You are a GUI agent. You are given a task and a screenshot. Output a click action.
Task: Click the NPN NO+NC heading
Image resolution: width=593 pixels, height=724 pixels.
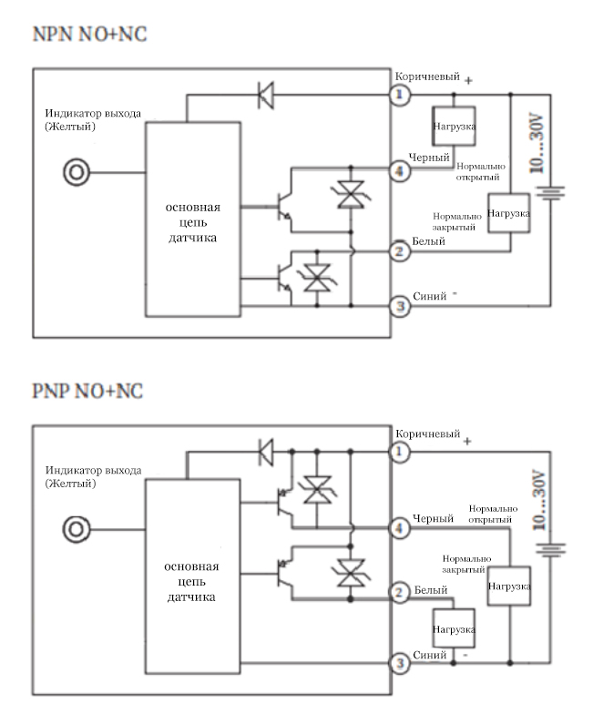point(89,35)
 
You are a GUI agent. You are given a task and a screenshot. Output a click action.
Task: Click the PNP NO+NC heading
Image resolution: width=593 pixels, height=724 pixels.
point(88,392)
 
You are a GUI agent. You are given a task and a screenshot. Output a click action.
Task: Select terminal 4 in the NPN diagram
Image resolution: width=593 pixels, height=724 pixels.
point(397,168)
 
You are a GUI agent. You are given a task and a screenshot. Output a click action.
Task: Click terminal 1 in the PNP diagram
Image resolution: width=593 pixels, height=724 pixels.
point(397,450)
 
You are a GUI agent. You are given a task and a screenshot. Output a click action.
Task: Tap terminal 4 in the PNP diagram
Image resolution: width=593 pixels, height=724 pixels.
point(397,527)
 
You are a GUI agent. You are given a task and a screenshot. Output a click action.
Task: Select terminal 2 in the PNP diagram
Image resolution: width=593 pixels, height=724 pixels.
point(397,593)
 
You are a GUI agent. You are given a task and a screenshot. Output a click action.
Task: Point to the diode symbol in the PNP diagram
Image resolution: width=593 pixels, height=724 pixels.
point(267,450)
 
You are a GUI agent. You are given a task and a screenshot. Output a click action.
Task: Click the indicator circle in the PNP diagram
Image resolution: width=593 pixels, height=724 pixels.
point(77,527)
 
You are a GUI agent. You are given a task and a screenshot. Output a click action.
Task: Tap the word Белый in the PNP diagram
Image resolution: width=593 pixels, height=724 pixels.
point(431,591)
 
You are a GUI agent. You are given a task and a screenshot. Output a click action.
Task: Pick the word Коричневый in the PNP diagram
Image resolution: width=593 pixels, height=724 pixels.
point(428,433)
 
